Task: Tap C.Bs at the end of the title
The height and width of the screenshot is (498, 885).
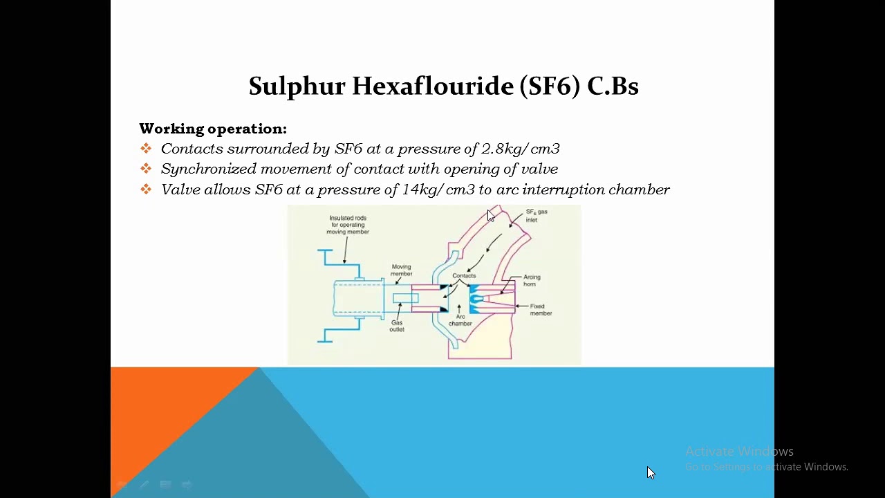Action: pyautogui.click(x=613, y=86)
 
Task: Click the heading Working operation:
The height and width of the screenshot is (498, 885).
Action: pyautogui.click(x=213, y=129)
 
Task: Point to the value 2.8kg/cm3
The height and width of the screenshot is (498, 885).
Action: pyautogui.click(x=521, y=149)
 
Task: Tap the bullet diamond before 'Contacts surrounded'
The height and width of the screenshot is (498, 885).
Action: pyautogui.click(x=146, y=149)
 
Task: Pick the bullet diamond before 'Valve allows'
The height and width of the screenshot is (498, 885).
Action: pyautogui.click(x=146, y=190)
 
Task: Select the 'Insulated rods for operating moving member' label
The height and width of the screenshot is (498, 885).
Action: pyautogui.click(x=348, y=225)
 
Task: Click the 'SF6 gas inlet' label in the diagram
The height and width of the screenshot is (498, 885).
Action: pyautogui.click(x=536, y=216)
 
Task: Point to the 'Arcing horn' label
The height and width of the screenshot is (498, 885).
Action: pyautogui.click(x=531, y=280)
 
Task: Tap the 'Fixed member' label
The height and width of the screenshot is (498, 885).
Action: pyautogui.click(x=540, y=310)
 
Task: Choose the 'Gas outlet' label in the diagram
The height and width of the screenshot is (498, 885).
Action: pyautogui.click(x=397, y=326)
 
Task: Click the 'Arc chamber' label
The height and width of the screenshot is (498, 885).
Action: pyautogui.click(x=460, y=320)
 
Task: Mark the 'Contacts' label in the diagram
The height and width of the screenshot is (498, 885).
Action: pyautogui.click(x=464, y=275)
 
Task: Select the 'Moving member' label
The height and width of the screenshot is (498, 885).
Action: pyautogui.click(x=401, y=270)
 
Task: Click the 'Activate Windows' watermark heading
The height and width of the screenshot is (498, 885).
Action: pyautogui.click(x=739, y=452)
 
